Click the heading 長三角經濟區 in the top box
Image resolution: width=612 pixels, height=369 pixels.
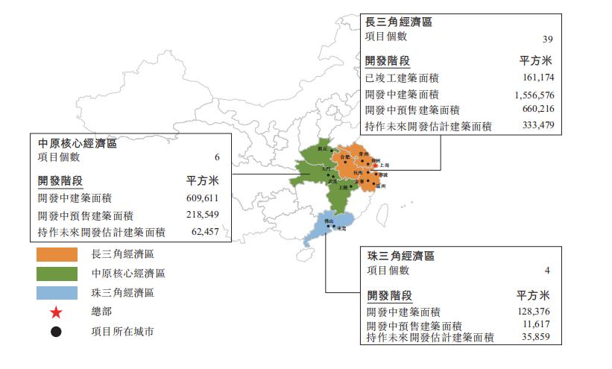point(398,22)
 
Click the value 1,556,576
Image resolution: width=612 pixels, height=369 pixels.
point(534,95)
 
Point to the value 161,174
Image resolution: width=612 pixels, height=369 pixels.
point(539,78)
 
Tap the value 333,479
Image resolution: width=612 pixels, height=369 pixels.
point(539,126)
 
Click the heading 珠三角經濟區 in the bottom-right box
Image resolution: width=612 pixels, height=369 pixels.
point(401,256)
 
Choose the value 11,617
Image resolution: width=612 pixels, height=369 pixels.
point(537,326)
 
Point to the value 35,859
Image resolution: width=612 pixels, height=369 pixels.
point(537,338)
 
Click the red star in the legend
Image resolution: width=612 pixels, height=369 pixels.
point(56,312)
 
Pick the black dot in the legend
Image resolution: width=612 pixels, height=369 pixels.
point(56,331)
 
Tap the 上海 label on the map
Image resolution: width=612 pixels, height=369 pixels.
point(385,165)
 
